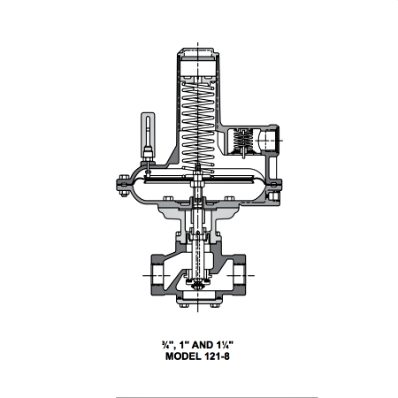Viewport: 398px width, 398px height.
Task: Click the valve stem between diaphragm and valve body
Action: (x=198, y=221)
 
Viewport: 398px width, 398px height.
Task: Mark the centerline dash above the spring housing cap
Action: (x=198, y=38)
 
